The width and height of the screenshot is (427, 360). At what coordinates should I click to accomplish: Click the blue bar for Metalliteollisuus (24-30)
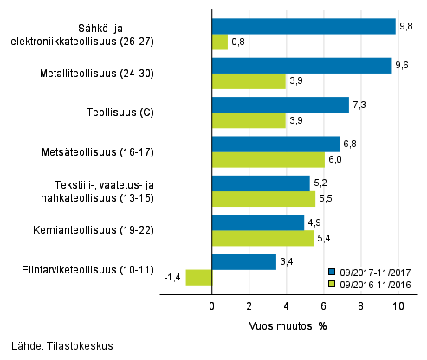click(x=301, y=66)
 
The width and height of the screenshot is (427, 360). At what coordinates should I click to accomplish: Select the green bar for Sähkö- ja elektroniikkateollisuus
click(x=220, y=42)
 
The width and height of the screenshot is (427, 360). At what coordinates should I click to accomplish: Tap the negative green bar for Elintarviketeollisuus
click(x=199, y=277)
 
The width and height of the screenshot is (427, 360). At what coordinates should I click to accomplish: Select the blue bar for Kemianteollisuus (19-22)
click(x=258, y=222)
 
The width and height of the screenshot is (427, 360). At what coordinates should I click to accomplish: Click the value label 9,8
click(x=405, y=27)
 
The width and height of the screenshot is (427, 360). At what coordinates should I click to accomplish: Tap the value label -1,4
click(x=172, y=278)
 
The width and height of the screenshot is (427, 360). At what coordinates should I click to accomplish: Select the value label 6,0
click(x=336, y=160)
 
